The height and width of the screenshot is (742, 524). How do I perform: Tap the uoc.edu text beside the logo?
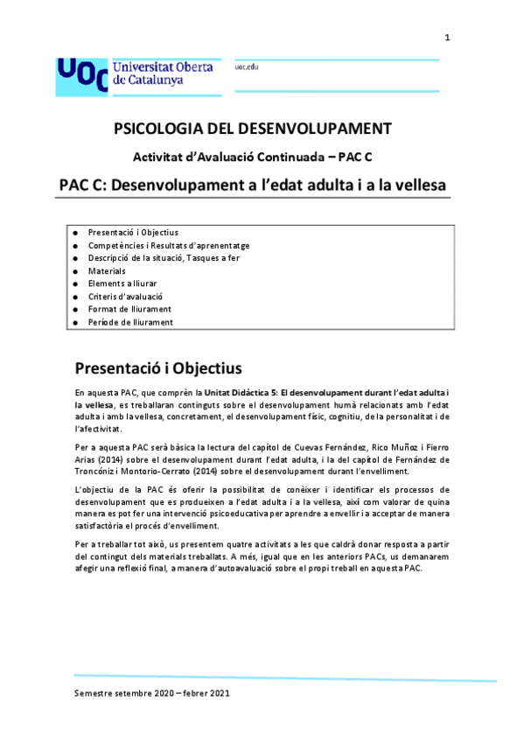coord(247,66)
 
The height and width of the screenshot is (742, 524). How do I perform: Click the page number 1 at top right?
coord(447,37)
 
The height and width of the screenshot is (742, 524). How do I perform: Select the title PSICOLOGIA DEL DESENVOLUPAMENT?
coord(254,129)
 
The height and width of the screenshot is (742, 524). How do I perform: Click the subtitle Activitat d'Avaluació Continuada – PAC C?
coord(254,157)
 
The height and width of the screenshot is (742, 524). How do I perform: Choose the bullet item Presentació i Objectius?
coord(133,233)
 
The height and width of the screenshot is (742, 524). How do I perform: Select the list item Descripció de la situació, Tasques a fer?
coord(164,258)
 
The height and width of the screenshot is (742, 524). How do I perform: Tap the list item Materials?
coord(107,271)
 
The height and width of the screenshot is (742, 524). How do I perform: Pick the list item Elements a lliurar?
coord(122,283)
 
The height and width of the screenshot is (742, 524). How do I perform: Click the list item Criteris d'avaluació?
coord(125,297)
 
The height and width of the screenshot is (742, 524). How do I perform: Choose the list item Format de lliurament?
coord(129,309)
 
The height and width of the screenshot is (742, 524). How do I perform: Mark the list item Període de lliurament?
coord(130,322)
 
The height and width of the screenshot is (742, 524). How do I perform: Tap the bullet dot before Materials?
coord(76,271)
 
